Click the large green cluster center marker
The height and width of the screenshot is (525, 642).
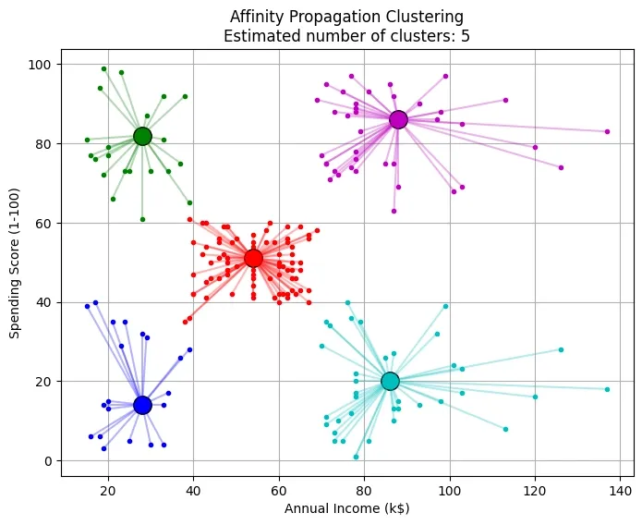(142, 136)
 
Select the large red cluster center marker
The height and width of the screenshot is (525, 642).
(253, 258)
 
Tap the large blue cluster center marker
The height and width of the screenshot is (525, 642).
(142, 405)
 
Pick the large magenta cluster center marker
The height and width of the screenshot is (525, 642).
(398, 119)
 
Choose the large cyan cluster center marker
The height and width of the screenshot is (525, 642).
(390, 381)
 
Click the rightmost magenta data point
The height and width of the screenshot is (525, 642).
(607, 131)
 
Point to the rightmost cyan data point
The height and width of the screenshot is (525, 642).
(607, 389)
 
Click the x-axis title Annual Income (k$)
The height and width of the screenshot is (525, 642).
(346, 507)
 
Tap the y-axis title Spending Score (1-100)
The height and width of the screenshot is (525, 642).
(15, 262)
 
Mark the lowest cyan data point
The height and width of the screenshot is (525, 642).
(356, 457)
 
